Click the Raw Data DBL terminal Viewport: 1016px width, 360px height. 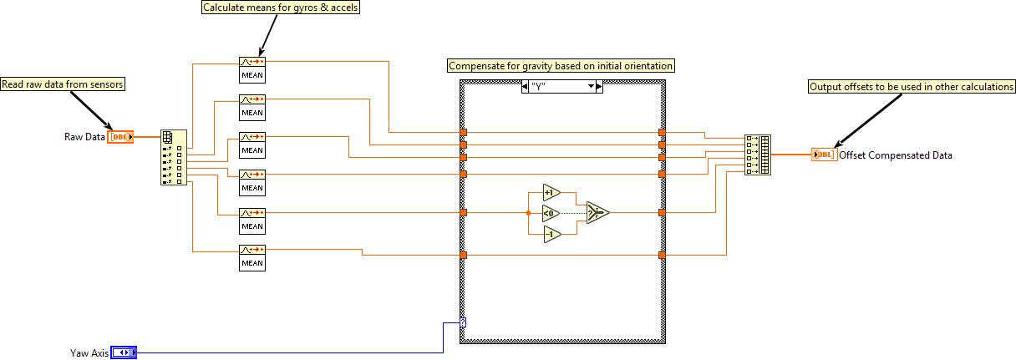120,136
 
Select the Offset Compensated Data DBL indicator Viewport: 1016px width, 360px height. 824,155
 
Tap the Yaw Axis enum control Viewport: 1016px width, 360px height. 123,352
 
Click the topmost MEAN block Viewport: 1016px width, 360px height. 252,69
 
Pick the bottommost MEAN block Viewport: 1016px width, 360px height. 252,256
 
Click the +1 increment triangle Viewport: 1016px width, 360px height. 551,192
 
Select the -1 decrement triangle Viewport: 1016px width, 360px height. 551,235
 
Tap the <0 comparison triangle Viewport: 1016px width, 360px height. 551,213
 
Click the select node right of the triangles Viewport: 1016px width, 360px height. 597,213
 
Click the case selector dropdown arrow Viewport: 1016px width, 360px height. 592,86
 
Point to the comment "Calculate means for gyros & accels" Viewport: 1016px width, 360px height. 270,8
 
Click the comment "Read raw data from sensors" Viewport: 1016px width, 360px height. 63,84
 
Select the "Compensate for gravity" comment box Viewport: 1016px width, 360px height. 561,65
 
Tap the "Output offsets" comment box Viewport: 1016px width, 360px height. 912,86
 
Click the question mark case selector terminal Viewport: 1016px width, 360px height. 463,322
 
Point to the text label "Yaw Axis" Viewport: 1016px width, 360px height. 89,352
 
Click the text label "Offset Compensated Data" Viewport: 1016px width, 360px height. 896,155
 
